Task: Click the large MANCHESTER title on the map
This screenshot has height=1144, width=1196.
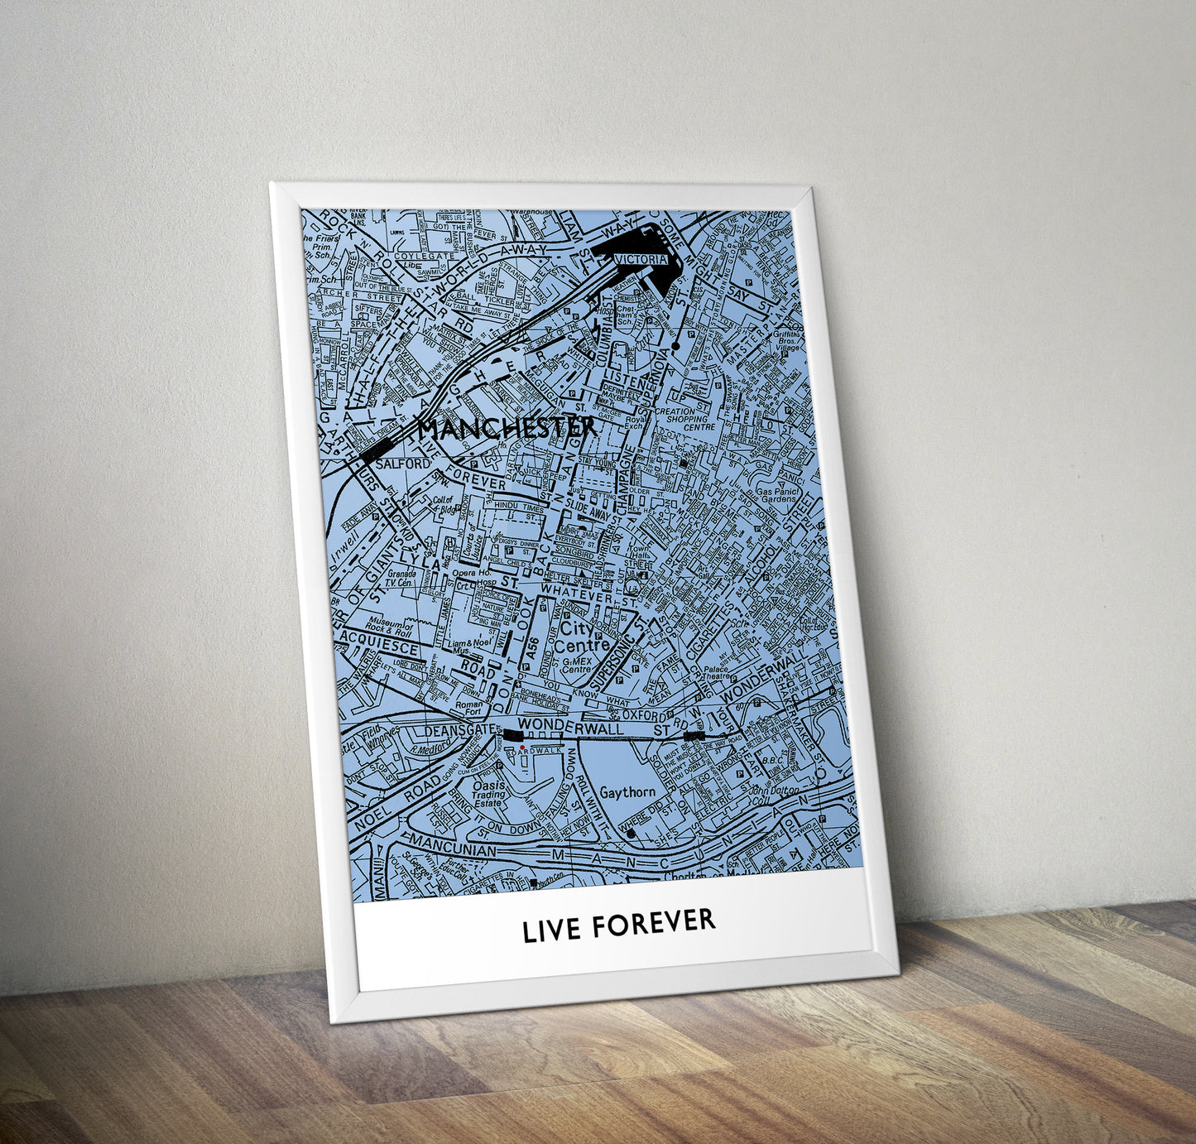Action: (x=506, y=429)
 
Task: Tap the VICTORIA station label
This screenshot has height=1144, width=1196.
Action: (x=641, y=259)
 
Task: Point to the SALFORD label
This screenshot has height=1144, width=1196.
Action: (x=403, y=464)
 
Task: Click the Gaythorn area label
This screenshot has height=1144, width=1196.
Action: (x=627, y=792)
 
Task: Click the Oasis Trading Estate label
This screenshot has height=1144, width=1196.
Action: (x=489, y=794)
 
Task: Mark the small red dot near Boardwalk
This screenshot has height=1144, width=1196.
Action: (x=522, y=747)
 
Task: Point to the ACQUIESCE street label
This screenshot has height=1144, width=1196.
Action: (x=380, y=642)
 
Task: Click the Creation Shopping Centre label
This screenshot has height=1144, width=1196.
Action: (x=686, y=419)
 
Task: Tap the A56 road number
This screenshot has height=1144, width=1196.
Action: (x=531, y=649)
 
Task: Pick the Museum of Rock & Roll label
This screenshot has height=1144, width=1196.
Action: (x=390, y=628)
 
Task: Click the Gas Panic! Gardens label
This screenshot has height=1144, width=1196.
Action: (x=776, y=494)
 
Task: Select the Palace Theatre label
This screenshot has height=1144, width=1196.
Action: (x=716, y=671)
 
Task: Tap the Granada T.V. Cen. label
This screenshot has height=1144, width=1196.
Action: (x=400, y=578)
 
